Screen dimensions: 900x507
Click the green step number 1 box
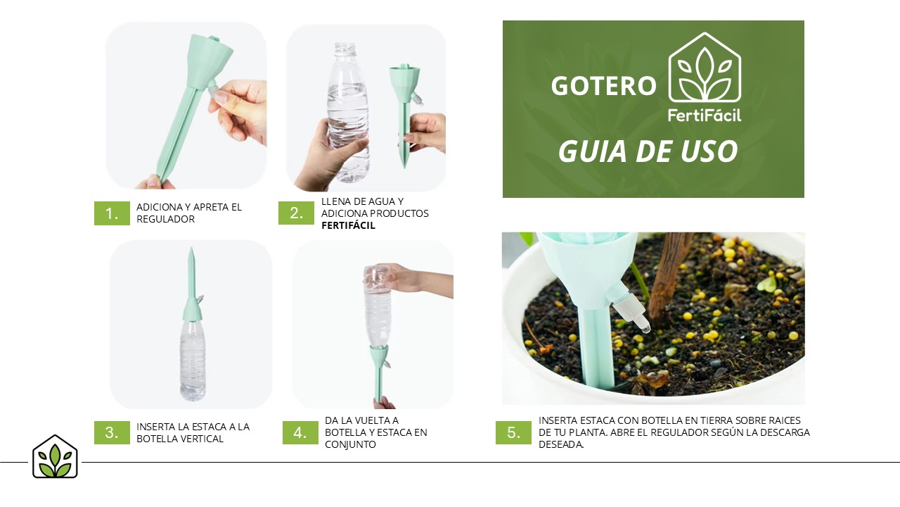tap(112, 213)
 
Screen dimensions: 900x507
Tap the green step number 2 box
tap(296, 213)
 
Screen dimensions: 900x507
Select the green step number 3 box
tap(112, 432)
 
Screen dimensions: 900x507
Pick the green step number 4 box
tap(300, 432)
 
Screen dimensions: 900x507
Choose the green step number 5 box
tap(513, 432)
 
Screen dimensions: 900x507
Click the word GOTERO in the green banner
tap(603, 86)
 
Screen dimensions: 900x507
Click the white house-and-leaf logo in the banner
tap(705, 67)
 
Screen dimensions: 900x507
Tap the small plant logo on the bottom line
tap(55, 456)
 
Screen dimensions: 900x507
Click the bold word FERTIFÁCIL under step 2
tap(348, 225)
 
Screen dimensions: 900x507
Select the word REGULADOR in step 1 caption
tap(165, 219)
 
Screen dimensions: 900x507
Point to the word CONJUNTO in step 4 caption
tap(350, 444)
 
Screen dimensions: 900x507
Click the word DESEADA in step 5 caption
tap(561, 444)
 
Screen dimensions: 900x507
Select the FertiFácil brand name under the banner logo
tap(705, 115)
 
